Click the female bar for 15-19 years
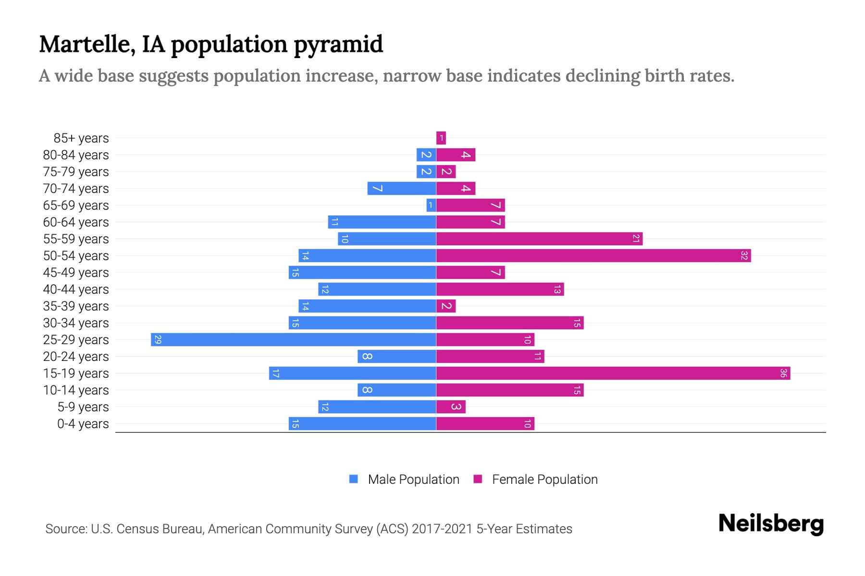pos(613,373)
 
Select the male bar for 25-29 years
pos(293,339)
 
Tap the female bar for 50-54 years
pos(593,255)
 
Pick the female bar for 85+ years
pos(441,138)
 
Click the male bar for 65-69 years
pos(431,205)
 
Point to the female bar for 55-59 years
pos(539,239)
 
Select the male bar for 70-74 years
pos(402,188)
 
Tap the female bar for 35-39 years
pos(446,306)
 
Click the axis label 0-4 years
pos(83,424)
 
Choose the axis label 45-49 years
pos(76,273)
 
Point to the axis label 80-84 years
pos(76,155)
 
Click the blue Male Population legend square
pos(354,479)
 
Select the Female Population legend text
pos(544,479)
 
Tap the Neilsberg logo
pos(771,524)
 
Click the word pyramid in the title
pos(338,45)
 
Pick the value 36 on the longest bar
pos(783,373)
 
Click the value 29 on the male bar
pos(158,340)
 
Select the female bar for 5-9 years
pos(451,407)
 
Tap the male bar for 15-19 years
pos(352,373)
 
